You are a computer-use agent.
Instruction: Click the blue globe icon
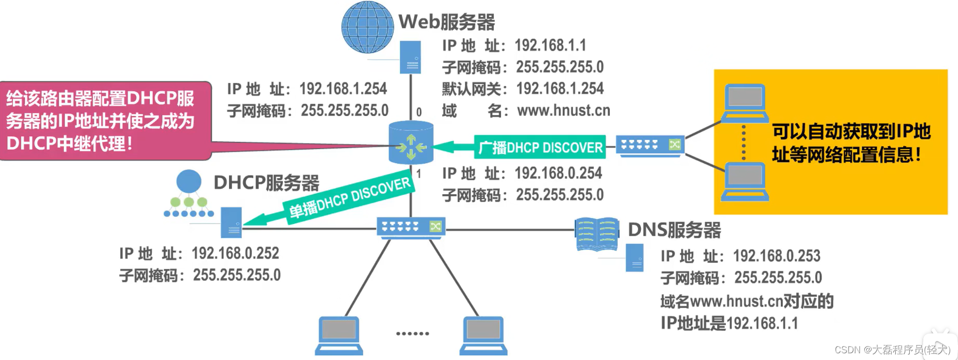367,27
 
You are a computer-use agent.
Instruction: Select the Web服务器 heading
447,22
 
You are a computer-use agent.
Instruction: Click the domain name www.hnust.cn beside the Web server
563,110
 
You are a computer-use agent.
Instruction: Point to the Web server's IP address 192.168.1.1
550,46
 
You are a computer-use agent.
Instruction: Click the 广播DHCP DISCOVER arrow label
540,148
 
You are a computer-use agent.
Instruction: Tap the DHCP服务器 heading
266,183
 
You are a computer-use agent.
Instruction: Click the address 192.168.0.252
235,253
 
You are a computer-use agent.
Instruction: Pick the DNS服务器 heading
674,230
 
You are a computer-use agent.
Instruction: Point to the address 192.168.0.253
776,256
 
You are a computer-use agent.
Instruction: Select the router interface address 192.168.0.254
558,173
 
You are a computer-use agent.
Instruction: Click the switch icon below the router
411,227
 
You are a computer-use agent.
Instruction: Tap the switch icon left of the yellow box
650,145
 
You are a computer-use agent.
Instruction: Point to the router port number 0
419,112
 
